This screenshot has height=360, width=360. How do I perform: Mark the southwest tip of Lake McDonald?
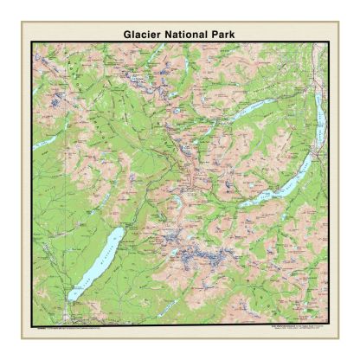point(70,299)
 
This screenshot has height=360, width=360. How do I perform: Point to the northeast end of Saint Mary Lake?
point(312,157)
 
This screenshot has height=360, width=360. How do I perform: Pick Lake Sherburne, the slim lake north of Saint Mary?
point(253,112)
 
